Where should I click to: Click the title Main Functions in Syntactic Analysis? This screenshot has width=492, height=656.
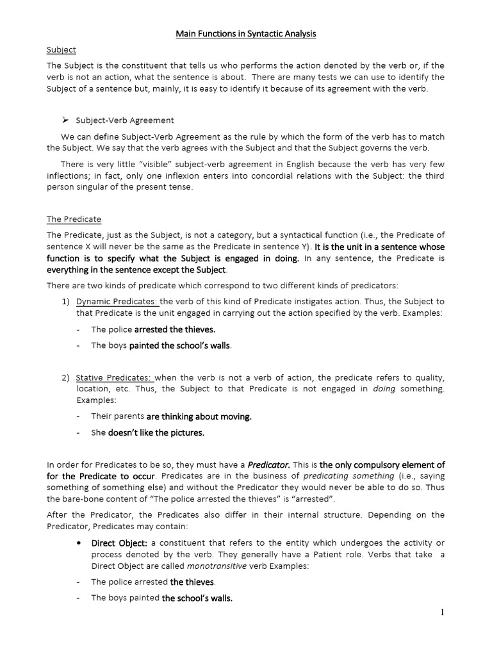pos(246,34)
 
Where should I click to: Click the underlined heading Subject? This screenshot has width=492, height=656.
pos(61,49)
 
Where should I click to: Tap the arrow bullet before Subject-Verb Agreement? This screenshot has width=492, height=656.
pos(65,120)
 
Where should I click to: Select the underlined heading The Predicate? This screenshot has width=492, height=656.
pos(74,219)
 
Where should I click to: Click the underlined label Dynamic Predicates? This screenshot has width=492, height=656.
pos(117,301)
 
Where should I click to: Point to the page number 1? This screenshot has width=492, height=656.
pos(442,612)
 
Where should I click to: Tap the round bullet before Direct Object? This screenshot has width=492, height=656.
pos(78,543)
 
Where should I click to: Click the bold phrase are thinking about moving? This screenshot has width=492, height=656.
pos(199,416)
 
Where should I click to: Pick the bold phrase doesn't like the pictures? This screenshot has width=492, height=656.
pos(156,432)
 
